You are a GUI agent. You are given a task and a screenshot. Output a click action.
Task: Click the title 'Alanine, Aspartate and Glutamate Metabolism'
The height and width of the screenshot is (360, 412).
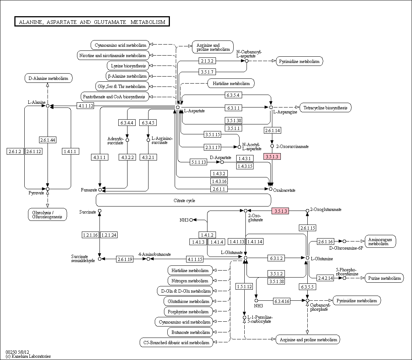[92, 22]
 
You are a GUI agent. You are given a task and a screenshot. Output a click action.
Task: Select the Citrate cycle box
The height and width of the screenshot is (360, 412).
[184, 200]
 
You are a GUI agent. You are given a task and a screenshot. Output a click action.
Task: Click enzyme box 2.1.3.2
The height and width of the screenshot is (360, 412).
[207, 61]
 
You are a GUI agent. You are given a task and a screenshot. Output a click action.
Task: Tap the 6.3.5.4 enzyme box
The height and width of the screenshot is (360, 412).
[233, 95]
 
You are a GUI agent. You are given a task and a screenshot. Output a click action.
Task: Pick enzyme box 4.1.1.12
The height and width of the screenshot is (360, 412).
[85, 106]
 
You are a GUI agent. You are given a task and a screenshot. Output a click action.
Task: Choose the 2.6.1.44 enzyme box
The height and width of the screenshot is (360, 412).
[48, 140]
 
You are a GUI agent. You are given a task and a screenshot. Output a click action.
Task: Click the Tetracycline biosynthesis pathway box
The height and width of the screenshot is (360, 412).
[325, 107]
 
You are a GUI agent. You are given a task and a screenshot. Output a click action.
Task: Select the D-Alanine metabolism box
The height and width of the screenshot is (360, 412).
[48, 78]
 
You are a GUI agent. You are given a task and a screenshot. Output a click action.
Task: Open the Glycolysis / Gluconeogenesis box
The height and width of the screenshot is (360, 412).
[47, 215]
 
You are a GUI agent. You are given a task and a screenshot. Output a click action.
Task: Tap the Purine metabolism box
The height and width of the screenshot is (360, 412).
[384, 278]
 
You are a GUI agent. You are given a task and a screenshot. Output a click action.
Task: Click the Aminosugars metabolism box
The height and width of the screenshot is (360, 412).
[380, 241]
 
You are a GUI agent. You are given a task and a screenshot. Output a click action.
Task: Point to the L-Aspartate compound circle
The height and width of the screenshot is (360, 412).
[178, 107]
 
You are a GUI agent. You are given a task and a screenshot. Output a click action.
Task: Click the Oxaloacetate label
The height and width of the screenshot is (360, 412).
[284, 190]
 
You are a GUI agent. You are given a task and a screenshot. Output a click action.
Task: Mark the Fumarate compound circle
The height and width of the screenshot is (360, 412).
[100, 190]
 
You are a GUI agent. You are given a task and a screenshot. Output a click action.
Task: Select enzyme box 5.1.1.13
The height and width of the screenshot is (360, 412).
[198, 162]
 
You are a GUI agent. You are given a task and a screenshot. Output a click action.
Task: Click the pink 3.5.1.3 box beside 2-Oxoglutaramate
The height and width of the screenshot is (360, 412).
[280, 211]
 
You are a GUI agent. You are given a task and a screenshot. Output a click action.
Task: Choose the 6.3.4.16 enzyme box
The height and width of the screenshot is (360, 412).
[282, 301]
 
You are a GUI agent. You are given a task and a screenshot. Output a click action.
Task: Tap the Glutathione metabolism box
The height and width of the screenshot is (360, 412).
[188, 301]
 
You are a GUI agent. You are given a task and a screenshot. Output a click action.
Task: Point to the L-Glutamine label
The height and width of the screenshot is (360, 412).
[322, 259]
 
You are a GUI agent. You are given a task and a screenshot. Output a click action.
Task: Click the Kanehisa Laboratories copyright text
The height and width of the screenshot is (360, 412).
[28, 356]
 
